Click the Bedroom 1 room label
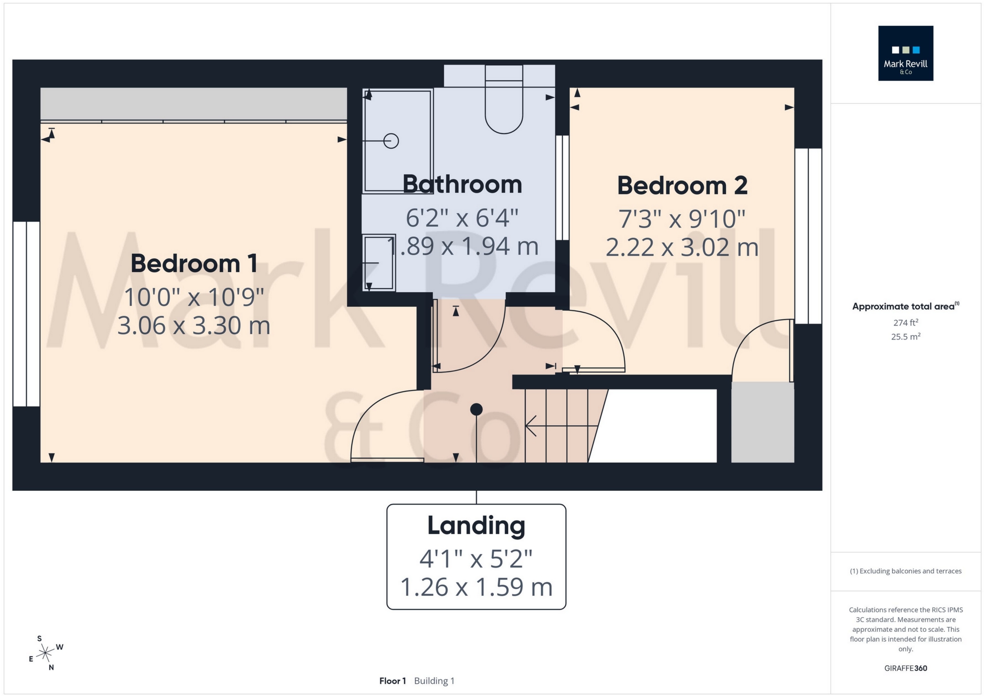(194, 264)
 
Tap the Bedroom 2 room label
(682, 186)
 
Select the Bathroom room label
(462, 184)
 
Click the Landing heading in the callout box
(476, 525)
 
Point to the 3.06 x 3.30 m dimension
(194, 325)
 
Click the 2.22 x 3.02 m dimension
(682, 248)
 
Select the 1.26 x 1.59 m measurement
(476, 587)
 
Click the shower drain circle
(391, 141)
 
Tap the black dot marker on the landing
(476, 410)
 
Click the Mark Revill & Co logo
(905, 54)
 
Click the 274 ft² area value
(905, 322)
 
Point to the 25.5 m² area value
(905, 337)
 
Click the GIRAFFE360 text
(905, 668)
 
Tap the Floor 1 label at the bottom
(393, 681)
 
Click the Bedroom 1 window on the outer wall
(26, 314)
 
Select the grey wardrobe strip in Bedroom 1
(194, 104)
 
